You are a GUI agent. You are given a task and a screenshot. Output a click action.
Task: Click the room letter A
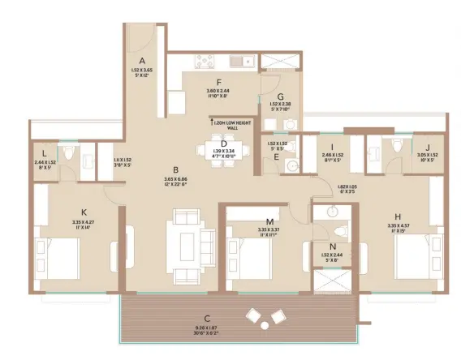pos(142,61)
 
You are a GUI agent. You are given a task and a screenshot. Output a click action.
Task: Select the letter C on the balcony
pos(208,317)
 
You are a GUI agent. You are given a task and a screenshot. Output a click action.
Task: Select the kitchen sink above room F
pos(241,60)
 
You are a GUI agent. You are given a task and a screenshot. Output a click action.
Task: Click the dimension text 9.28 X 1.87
pos(208,326)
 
